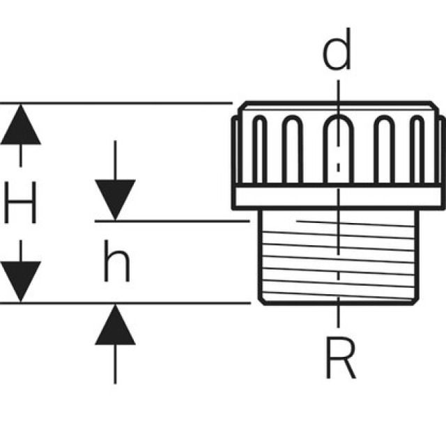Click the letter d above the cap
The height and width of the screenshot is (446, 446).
(337, 54)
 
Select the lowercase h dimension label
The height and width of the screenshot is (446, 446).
(116, 264)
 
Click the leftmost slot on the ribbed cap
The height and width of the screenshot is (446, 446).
(259, 151)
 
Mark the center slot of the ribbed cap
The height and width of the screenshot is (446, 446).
(338, 149)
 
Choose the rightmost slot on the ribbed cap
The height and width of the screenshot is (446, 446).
(417, 151)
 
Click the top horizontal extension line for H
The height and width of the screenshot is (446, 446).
(118, 103)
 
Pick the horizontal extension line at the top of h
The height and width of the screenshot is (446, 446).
(174, 221)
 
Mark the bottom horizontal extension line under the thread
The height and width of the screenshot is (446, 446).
(125, 303)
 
